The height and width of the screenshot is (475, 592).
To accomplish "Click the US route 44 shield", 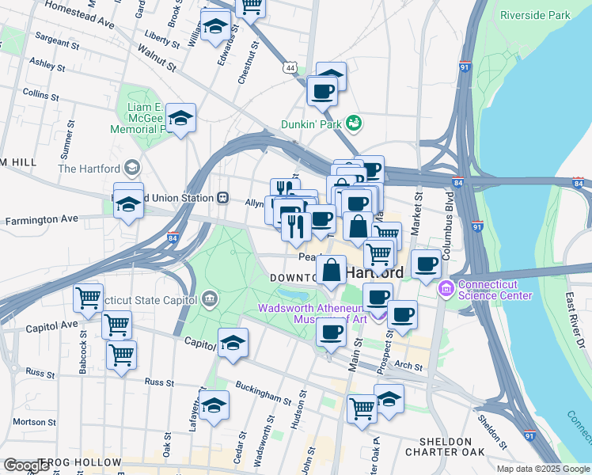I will coord(292,70).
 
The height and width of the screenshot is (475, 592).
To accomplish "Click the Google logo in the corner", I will coord(25,465).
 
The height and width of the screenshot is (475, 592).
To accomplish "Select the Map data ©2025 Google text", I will coord(542,469).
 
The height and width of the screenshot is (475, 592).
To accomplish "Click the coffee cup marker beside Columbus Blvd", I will coord(426,264).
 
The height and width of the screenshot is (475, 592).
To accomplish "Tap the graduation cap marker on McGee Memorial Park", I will coord(181,119).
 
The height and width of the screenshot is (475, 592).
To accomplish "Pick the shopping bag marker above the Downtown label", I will coord(331,271).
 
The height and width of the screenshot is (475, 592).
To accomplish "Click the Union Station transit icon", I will coord(223,197).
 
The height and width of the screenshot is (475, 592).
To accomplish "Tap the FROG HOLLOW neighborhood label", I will coord(79,462).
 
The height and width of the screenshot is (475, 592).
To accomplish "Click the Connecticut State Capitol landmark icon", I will coord(209,298).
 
